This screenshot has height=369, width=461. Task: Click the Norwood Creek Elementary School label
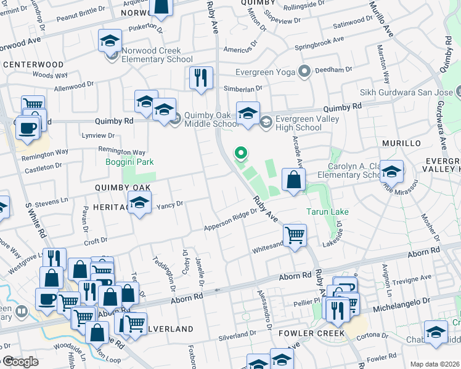pos(153,55)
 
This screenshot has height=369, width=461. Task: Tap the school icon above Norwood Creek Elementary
pos(110,41)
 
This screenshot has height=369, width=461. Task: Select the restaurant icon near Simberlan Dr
pos(201,78)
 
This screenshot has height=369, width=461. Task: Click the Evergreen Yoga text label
pos(266,72)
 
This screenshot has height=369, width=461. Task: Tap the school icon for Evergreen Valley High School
pos(248,114)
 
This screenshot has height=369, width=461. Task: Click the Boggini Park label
pos(129,162)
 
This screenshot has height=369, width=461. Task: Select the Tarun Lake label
pos(327,212)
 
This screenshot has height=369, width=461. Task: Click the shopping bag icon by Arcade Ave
pos(294,180)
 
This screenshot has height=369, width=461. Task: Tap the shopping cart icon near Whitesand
pos(295,235)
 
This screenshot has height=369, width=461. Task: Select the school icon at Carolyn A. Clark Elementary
pos(391,172)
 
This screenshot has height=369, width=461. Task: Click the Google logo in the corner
pos(20,362)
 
